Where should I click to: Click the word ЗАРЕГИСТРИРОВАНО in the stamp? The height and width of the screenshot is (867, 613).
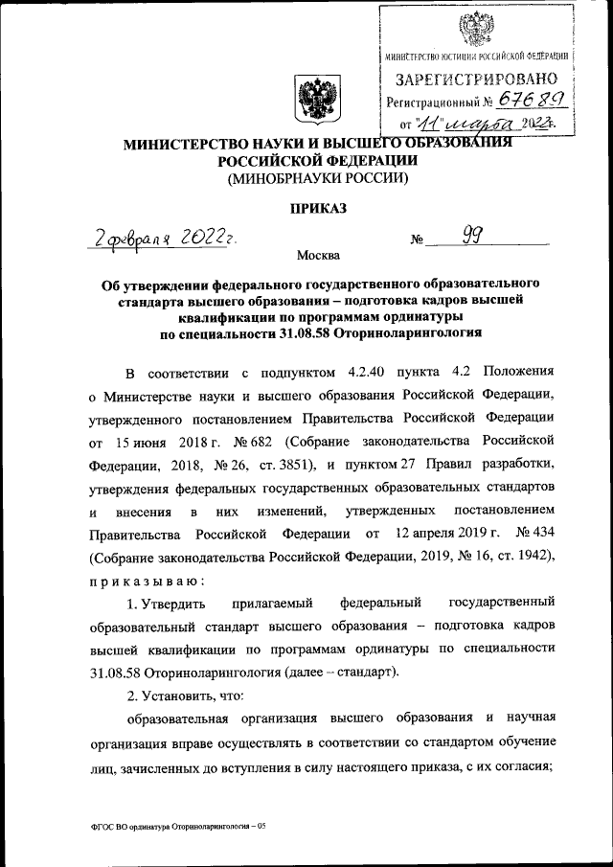pyautogui.click(x=475, y=78)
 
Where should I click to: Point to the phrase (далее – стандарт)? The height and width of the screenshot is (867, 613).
pyautogui.click(x=337, y=672)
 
